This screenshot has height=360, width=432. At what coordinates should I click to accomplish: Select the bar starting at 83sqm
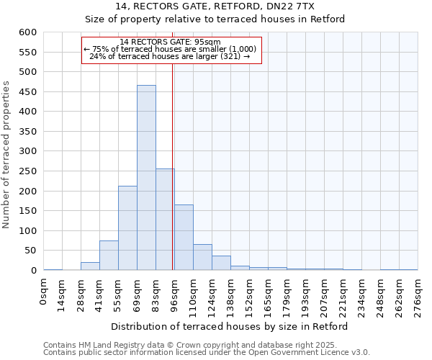165,220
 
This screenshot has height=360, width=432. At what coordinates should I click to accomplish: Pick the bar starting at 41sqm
109,256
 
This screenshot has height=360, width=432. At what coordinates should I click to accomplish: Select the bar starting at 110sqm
202,257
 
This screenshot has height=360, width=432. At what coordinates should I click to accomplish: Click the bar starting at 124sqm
221,263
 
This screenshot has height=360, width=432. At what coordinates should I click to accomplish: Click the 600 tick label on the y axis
27,32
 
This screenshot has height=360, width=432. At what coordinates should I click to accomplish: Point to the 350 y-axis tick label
27,132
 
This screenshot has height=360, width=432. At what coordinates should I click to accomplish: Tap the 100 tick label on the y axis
27,231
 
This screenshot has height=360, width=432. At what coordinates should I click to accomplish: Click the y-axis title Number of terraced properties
6,155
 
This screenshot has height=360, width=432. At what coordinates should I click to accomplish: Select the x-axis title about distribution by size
230,326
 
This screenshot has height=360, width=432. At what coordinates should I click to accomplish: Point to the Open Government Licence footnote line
207,352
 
